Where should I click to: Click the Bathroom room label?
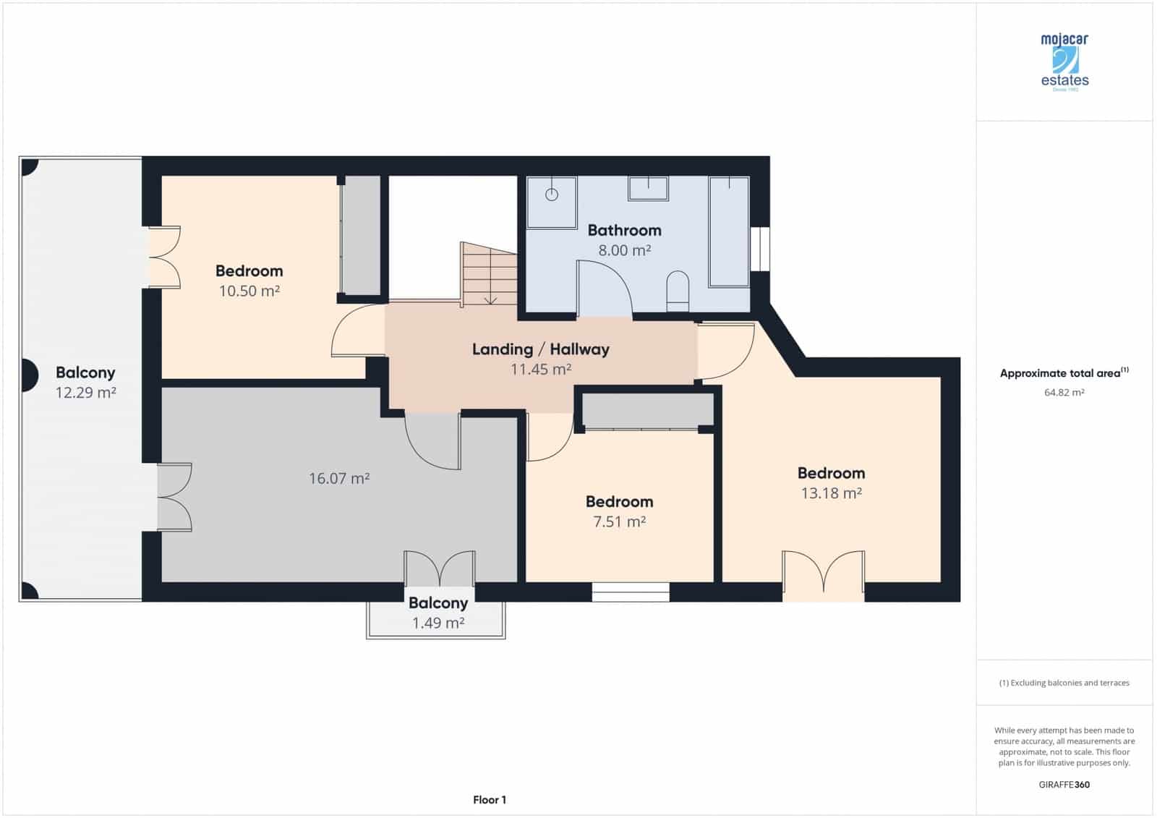point(624,230)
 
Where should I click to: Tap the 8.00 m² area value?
point(624,250)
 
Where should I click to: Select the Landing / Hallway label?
point(540,349)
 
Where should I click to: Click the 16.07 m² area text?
point(339,478)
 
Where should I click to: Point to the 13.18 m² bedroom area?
point(831,493)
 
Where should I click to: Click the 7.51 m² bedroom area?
point(619,521)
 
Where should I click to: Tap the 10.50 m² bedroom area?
point(249,291)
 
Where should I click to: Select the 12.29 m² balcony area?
point(85,393)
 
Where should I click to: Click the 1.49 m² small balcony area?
point(437,623)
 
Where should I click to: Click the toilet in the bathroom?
point(678,291)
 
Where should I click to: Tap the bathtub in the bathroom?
point(729,231)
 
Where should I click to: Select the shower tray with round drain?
point(552,202)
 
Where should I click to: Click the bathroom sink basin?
point(648,189)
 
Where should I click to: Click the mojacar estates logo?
point(1064,61)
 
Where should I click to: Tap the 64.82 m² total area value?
point(1064,393)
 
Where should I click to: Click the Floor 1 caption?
point(490,799)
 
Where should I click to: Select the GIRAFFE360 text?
point(1064,784)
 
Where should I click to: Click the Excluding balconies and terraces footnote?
point(1064,683)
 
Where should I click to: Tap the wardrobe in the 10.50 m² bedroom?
point(361,236)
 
